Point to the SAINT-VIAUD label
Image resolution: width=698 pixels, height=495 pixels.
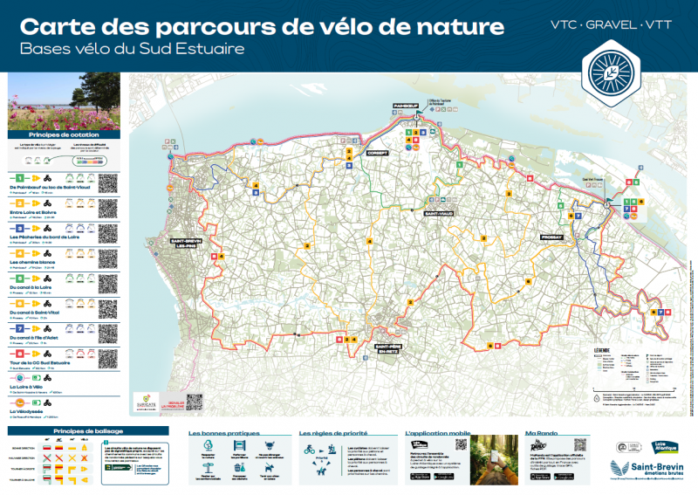[x=437, y=213]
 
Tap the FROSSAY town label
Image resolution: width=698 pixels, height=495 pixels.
[x=552, y=237]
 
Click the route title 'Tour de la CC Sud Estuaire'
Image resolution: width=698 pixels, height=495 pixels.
[x=41, y=362]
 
